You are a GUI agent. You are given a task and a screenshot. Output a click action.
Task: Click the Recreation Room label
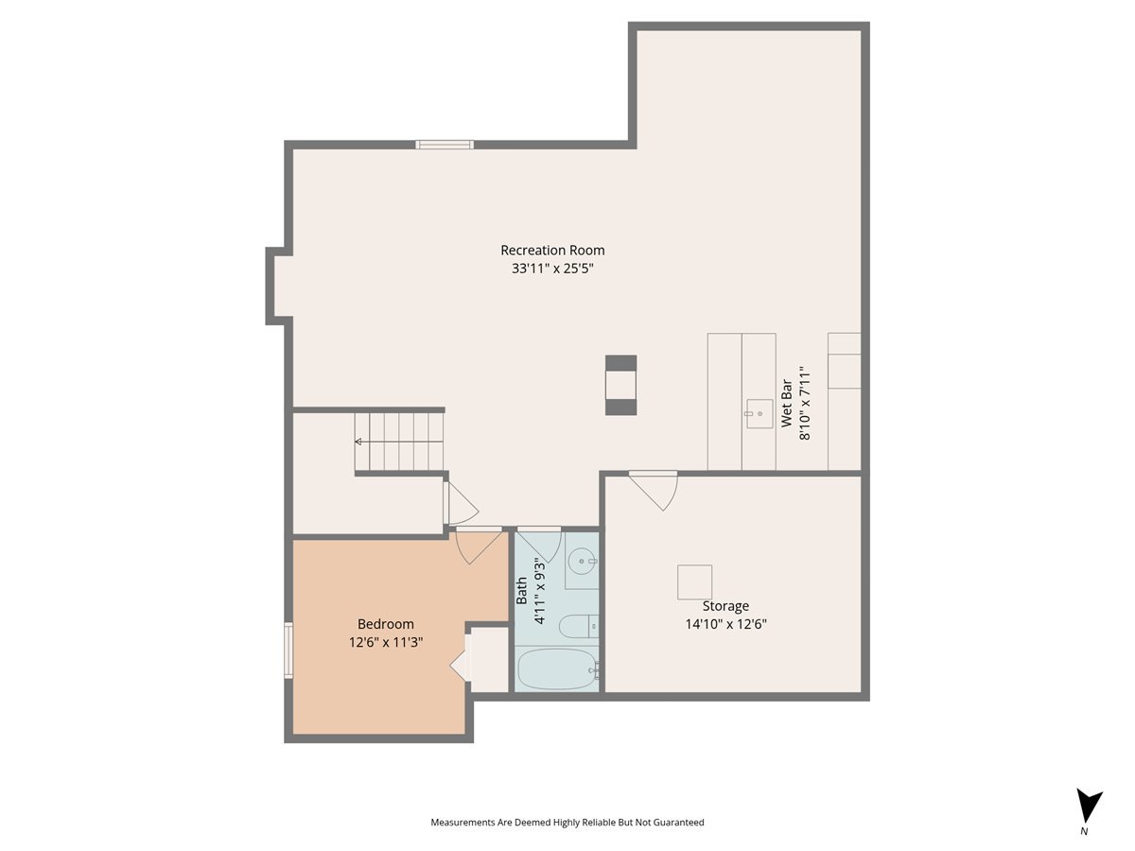552,251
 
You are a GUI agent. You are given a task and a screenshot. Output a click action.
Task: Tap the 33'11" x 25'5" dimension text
552,269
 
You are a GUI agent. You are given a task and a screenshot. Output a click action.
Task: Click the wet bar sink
759,413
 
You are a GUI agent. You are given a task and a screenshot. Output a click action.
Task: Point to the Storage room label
725,606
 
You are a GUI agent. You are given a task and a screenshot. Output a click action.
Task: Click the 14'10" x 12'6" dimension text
725,624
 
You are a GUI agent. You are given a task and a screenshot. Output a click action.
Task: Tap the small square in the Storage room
694,582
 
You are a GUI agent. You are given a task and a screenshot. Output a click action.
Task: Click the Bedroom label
385,624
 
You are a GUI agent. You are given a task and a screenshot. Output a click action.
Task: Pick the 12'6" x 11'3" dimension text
385,642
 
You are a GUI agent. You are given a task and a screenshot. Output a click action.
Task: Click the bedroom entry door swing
478,547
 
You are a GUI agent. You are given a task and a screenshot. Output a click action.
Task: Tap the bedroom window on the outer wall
289,651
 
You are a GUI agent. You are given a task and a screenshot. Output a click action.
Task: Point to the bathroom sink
582,562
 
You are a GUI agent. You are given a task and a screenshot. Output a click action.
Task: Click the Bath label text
522,593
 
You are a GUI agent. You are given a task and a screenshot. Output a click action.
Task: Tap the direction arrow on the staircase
358,442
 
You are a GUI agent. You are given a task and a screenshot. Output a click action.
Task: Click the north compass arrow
1089,807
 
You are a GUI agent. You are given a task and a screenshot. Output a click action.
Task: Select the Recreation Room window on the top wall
445,145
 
